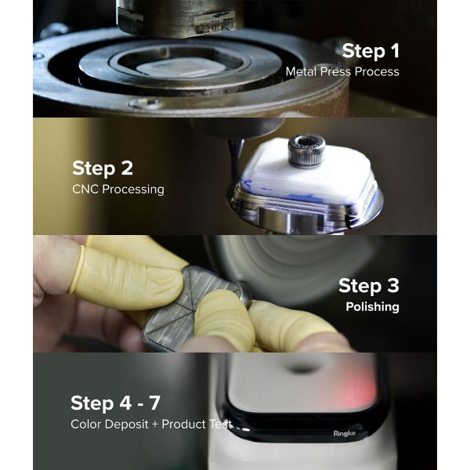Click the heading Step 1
(x=370, y=52)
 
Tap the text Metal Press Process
(x=342, y=72)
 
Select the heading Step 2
(x=103, y=168)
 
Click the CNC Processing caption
(x=118, y=189)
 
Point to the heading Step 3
(x=368, y=286)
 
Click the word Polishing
(x=372, y=306)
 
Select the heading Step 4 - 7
(x=115, y=403)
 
